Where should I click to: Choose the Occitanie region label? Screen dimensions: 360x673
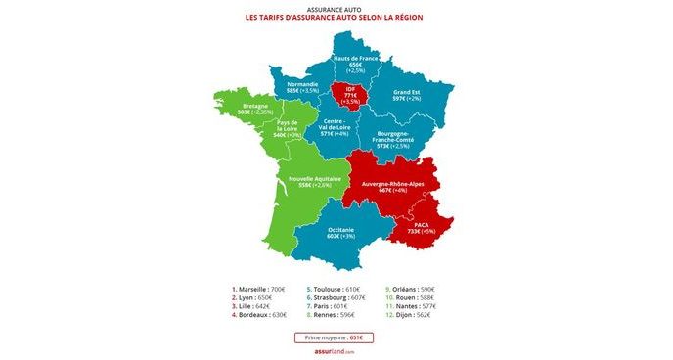click(x=341, y=233)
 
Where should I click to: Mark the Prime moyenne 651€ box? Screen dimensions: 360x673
click(x=336, y=337)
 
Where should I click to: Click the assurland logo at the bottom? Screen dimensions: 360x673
click(x=336, y=352)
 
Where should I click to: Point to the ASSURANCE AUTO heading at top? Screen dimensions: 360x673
click(x=336, y=6)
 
